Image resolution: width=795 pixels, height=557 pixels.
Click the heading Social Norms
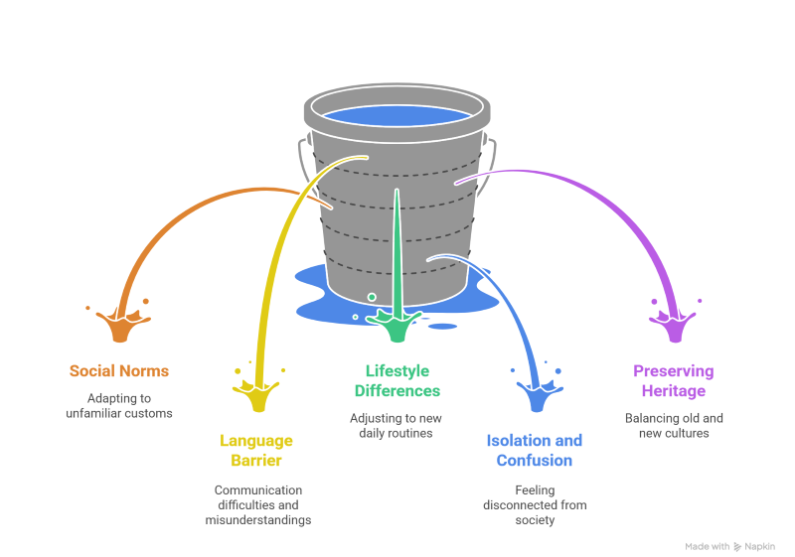coord(119,371)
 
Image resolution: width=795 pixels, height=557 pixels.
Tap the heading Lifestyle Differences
coord(397,380)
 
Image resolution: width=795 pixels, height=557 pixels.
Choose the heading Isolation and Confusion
coord(535,450)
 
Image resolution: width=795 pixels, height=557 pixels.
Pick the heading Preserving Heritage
coord(674,380)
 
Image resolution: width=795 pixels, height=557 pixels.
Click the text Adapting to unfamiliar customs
coord(119,405)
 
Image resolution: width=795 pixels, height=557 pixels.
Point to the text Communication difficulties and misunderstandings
coord(258,504)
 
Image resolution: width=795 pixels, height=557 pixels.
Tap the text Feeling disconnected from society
coord(535,504)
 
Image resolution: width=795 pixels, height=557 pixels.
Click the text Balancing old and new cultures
coord(674,425)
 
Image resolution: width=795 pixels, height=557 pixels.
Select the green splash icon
coord(397,324)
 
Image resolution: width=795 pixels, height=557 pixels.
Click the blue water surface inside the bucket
coord(397,114)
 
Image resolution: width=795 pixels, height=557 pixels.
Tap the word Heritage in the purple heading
coord(674,390)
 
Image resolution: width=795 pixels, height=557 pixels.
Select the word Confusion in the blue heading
coord(535,460)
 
